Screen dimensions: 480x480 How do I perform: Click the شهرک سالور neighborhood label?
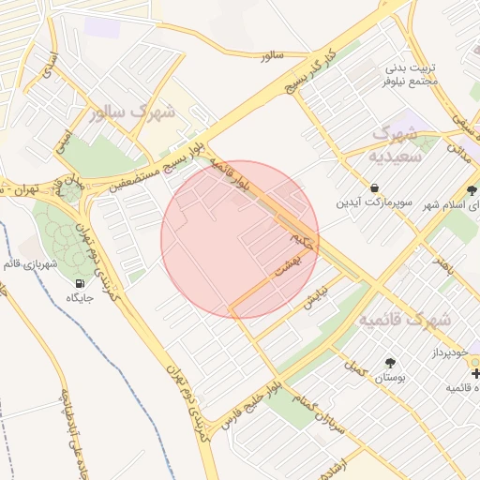coord(135,113)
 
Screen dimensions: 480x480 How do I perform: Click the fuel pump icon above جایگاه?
coord(78,283)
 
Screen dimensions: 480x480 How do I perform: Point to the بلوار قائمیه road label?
coord(230,173)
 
